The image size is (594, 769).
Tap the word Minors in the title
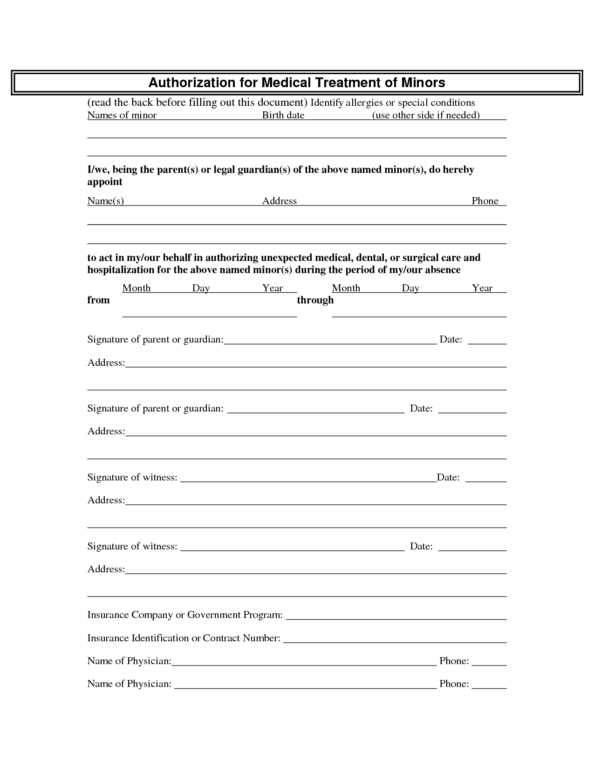[422, 82]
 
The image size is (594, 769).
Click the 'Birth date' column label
[283, 115]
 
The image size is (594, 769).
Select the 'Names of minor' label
[122, 115]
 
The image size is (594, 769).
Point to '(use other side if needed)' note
[426, 115]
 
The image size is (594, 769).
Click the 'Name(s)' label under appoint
[106, 201]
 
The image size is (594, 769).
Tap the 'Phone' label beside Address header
[485, 201]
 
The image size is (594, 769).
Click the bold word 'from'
[99, 300]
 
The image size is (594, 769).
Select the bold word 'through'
[315, 300]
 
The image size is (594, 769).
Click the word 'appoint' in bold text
[105, 182]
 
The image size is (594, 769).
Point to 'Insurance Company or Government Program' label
[185, 615]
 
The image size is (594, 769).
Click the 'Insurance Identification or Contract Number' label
[184, 638]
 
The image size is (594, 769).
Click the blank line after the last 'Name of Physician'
[305, 687]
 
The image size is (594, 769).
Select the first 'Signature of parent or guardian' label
[155, 339]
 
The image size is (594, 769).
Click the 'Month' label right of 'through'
[346, 288]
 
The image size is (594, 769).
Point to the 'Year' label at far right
[482, 288]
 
